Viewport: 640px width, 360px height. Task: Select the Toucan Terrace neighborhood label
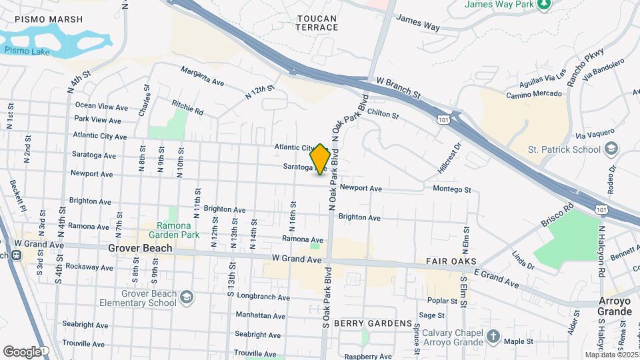[x=317, y=22]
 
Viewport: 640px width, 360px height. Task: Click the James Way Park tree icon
[x=545, y=4]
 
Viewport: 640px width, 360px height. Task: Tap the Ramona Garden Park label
[x=174, y=230]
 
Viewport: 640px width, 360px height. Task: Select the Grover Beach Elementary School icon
[x=187, y=296]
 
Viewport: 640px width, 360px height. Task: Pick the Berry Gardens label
[x=373, y=323]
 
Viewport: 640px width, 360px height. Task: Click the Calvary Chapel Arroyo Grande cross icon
[x=493, y=335]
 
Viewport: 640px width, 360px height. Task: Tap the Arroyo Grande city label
[x=615, y=306]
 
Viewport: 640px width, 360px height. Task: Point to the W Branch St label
[x=400, y=88]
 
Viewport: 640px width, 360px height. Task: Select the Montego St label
[x=452, y=190]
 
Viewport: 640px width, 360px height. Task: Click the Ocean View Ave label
[x=101, y=106]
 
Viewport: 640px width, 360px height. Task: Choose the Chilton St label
[x=383, y=115]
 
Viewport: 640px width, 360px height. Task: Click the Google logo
[x=21, y=351]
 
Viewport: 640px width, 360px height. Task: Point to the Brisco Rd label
[x=557, y=216]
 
